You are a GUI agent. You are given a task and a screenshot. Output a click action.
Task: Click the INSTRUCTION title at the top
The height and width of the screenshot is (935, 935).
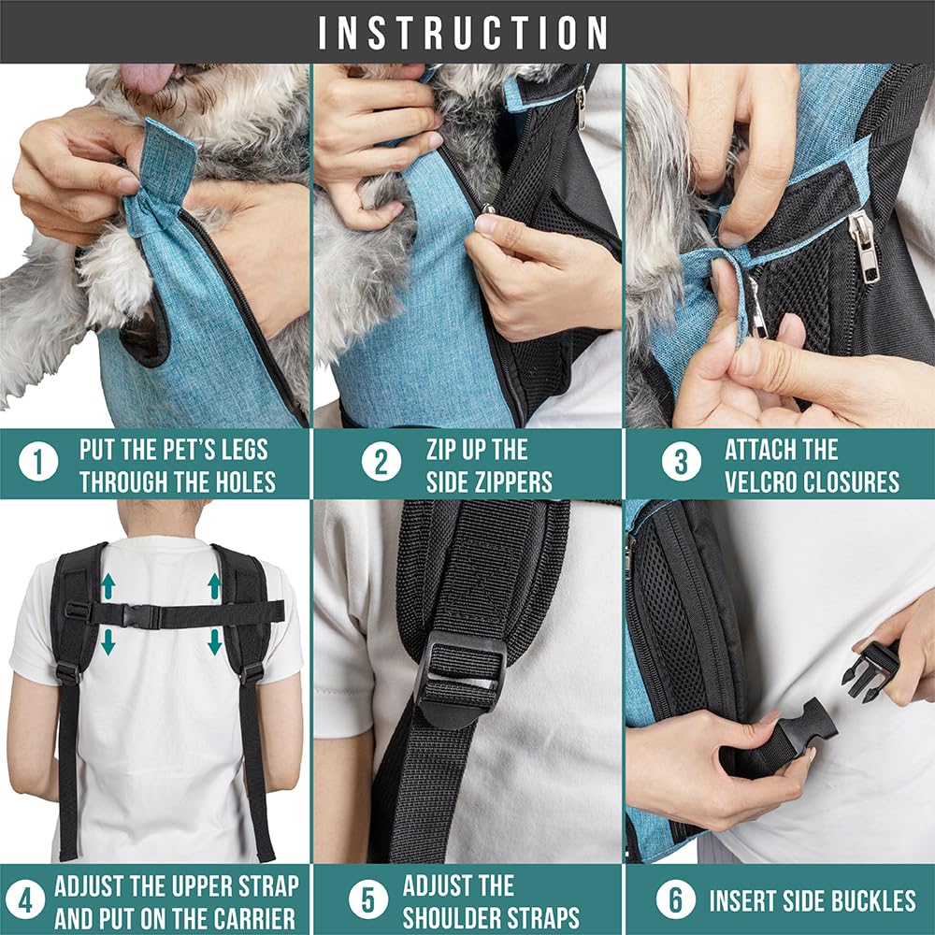tap(464, 33)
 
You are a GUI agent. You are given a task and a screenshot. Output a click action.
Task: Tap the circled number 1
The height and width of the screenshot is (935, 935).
tap(38, 463)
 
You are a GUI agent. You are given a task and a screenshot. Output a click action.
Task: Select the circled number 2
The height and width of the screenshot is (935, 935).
tap(381, 463)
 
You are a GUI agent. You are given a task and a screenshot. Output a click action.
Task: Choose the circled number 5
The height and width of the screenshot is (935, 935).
tap(368, 900)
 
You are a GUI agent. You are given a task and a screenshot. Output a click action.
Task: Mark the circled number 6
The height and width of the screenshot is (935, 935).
tap(675, 900)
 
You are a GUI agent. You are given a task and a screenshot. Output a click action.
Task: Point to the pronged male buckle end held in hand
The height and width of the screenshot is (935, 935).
tap(870, 670)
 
